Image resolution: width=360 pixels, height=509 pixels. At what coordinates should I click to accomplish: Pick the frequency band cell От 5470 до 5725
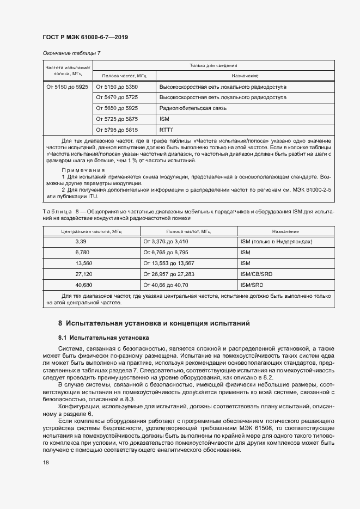coord(117,97)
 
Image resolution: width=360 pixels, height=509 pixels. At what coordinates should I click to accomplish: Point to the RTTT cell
coord(166,130)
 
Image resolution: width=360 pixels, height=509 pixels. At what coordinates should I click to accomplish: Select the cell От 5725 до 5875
coord(117,119)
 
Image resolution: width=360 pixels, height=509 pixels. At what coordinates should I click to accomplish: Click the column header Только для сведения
coord(212,65)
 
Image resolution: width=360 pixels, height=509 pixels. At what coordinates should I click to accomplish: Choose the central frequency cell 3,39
coord(81,241)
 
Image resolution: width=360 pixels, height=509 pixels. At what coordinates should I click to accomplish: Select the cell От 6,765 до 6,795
coord(166,253)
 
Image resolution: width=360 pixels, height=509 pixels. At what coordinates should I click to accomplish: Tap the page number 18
coord(46,463)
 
